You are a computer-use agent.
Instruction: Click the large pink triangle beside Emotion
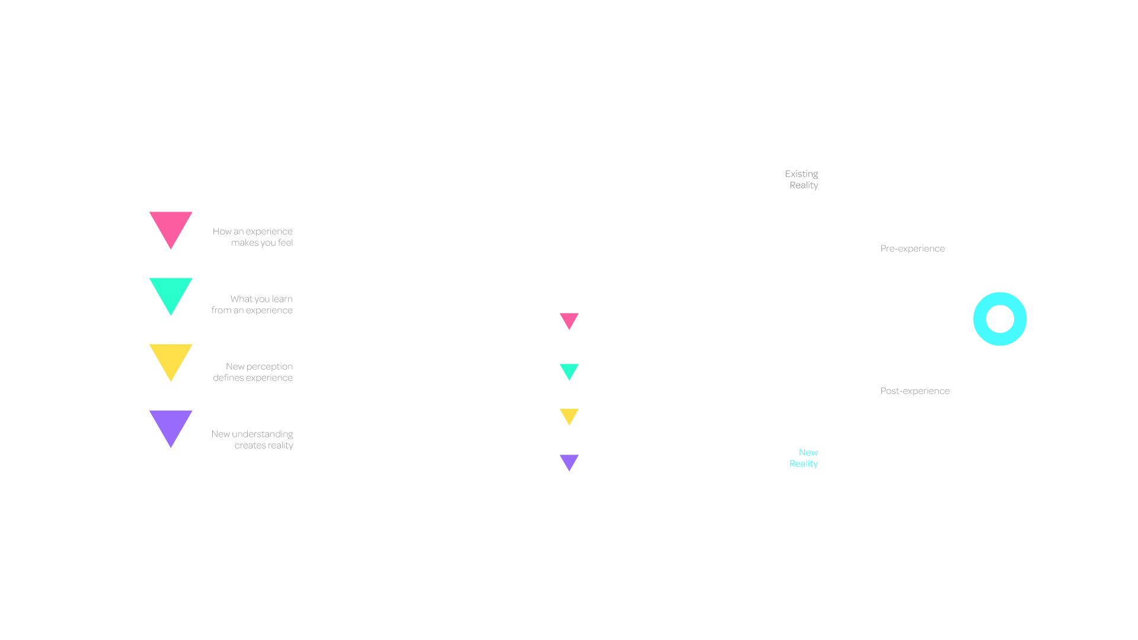point(171,227)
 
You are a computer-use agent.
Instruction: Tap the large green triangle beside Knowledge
point(171,293)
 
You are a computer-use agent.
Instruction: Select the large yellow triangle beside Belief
point(171,360)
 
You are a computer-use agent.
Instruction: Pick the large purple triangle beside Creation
point(171,425)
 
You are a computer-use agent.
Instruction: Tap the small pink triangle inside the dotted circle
point(569,320)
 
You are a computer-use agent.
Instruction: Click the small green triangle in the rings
point(569,371)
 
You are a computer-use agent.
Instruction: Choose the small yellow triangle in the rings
point(569,415)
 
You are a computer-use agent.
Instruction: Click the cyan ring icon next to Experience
point(1000,319)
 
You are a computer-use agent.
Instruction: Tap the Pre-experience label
point(912,249)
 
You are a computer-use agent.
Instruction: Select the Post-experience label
point(915,391)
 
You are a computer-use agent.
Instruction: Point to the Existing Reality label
point(802,180)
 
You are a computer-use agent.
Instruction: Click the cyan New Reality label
point(804,458)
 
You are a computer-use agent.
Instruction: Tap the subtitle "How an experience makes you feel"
point(254,237)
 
